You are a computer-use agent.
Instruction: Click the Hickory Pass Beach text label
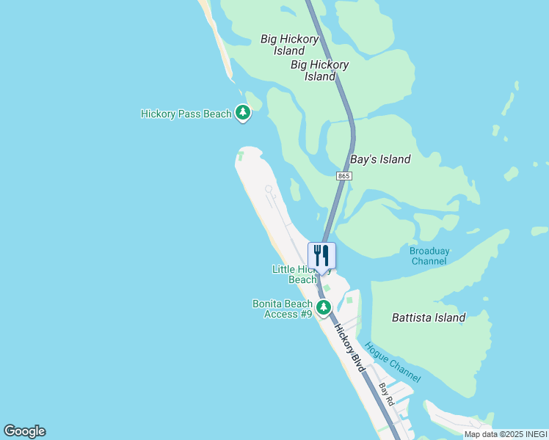pyautogui.click(x=186, y=114)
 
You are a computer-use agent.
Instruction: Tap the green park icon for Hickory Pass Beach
pyautogui.click(x=243, y=113)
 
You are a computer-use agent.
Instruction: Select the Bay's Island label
pyautogui.click(x=380, y=159)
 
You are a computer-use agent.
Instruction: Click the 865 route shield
pyautogui.click(x=344, y=176)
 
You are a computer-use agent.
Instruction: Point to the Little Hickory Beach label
pyautogui.click(x=302, y=274)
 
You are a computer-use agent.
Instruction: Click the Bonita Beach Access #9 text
pyautogui.click(x=283, y=309)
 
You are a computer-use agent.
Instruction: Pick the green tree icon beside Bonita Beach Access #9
pyautogui.click(x=323, y=307)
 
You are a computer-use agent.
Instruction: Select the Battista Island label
pyautogui.click(x=429, y=318)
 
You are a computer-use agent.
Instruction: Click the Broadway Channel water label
pyautogui.click(x=429, y=256)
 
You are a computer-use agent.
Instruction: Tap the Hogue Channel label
pyautogui.click(x=392, y=363)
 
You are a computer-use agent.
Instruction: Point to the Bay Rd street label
pyautogui.click(x=386, y=394)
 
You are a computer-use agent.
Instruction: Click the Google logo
pyautogui.click(x=24, y=431)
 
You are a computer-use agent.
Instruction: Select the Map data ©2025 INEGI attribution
pyautogui.click(x=506, y=434)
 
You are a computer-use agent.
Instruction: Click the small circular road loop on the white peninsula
pyautogui.click(x=269, y=189)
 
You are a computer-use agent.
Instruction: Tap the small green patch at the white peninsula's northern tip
pyautogui.click(x=240, y=155)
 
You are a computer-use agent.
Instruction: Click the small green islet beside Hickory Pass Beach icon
pyautogui.click(x=254, y=100)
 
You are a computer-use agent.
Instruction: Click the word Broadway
pyautogui.click(x=429, y=251)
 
